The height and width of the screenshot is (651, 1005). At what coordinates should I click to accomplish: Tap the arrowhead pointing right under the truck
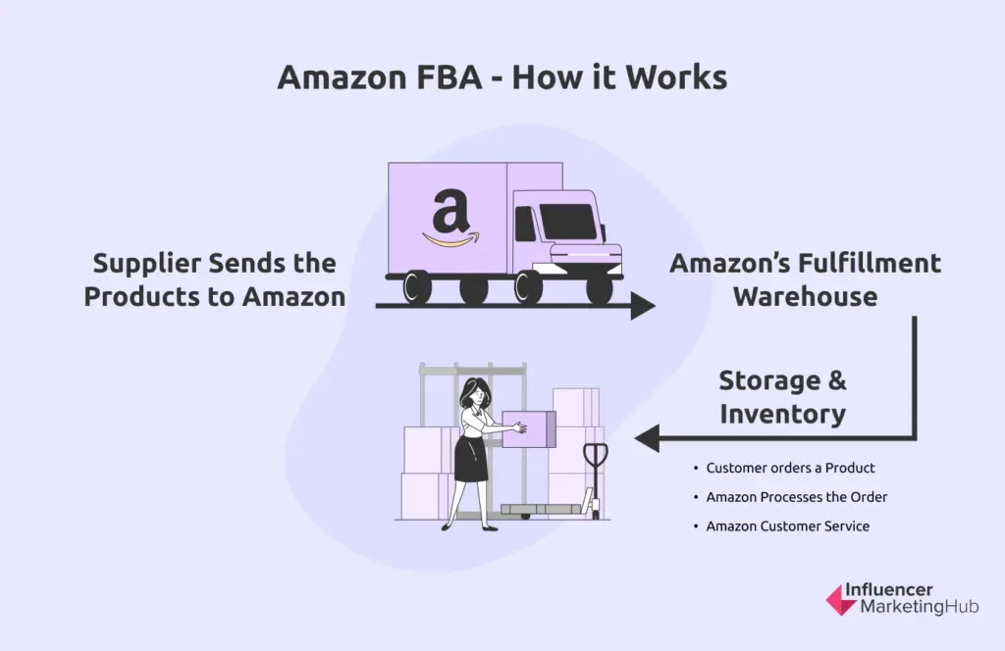[643, 307]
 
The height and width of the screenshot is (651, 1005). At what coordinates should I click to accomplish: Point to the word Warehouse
[805, 296]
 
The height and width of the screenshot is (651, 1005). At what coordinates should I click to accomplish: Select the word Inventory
[782, 414]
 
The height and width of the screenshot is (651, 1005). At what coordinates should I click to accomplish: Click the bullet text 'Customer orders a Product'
[790, 468]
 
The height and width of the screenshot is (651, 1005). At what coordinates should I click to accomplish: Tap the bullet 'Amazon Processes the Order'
[796, 497]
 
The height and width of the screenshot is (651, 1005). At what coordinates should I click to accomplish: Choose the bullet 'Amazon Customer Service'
[787, 526]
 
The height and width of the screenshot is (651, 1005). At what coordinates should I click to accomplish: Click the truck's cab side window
[526, 225]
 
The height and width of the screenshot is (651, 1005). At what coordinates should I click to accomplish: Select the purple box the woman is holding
[529, 428]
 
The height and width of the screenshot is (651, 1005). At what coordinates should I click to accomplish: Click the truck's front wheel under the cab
[599, 287]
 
